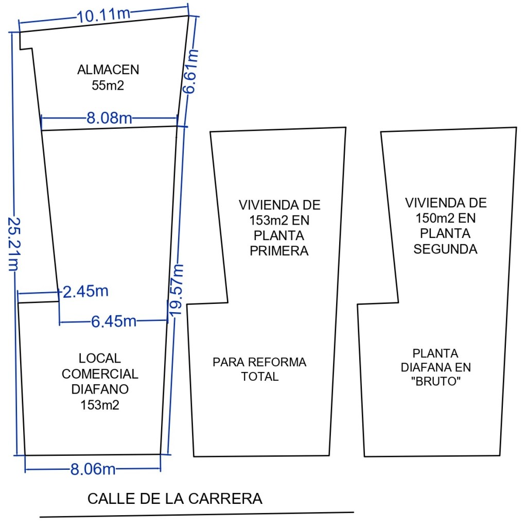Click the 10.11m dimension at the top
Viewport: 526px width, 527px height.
click(103, 15)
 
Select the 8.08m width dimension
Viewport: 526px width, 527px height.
click(110, 118)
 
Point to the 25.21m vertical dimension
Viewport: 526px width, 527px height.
click(14, 244)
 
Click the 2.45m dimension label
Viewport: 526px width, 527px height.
click(85, 292)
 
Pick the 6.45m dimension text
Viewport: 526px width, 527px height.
click(114, 321)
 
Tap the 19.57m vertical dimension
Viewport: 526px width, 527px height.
click(177, 290)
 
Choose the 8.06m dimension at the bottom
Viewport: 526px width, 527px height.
click(93, 469)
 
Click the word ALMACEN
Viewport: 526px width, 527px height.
click(108, 70)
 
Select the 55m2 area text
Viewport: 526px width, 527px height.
click(108, 85)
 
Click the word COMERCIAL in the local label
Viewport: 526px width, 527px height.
click(100, 373)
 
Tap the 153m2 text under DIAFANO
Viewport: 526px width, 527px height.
click(100, 405)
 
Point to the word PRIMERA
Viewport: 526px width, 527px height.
click(279, 251)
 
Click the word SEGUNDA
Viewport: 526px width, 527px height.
click(445, 249)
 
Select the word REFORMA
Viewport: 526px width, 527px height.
click(277, 362)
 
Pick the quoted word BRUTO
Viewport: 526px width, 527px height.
click(435, 382)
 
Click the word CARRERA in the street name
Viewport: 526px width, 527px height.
click(225, 499)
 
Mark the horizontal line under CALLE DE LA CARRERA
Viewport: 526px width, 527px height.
click(197, 515)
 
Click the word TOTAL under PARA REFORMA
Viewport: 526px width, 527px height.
click(260, 377)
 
